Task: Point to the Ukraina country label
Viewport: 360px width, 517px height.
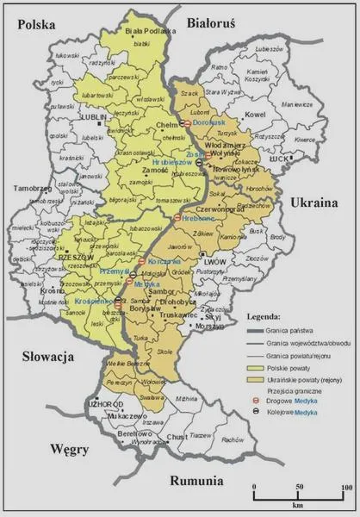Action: click(x=320, y=202)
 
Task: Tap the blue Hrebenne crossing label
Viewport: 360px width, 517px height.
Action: click(x=199, y=219)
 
